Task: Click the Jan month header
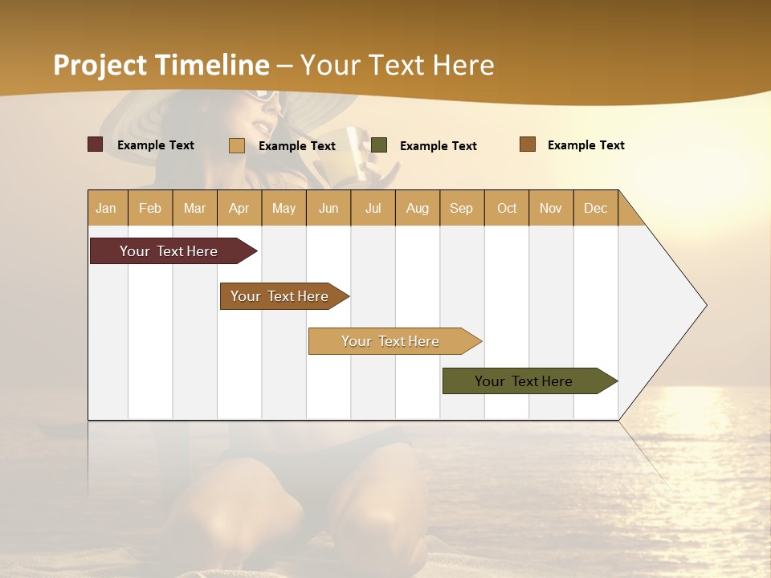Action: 106,208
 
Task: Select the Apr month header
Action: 239,208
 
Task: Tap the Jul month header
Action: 373,208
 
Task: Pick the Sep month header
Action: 461,208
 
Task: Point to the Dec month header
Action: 595,208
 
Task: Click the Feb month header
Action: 150,208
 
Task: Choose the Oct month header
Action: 507,208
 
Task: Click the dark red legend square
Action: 96,144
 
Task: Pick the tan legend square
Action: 237,145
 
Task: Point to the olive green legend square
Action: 379,145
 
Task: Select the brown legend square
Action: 528,144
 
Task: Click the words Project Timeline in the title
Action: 161,65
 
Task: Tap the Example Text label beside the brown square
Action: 585,145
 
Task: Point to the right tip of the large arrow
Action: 705,305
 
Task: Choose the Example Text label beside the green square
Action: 438,146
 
